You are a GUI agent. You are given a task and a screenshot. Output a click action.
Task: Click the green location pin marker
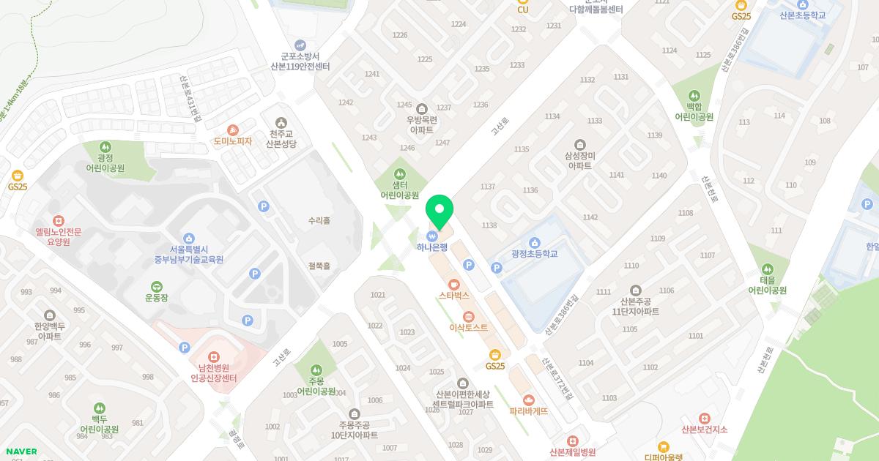pos(439,211)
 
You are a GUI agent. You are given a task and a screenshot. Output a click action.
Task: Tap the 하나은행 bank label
pos(432,247)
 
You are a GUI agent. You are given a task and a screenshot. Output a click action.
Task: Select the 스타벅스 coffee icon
pos(453,284)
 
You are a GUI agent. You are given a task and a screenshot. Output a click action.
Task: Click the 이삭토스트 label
pos(468,328)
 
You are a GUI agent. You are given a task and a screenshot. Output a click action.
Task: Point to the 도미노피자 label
pos(233,141)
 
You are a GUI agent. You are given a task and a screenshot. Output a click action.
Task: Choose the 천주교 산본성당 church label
pos(281,139)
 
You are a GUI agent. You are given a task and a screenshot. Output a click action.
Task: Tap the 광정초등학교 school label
pos(535,254)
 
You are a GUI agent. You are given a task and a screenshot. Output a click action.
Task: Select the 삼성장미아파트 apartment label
pos(579,161)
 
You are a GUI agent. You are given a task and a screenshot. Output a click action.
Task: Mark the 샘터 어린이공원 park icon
pos(399,174)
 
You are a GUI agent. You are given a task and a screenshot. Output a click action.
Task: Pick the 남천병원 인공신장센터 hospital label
pos(213,373)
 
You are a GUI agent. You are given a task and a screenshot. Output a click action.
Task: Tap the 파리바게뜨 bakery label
pos(528,411)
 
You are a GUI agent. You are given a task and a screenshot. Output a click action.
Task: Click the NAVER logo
pos(20,451)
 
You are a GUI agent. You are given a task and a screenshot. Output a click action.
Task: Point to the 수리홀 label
pos(319,220)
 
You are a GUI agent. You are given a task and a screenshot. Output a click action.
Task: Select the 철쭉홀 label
pos(319,266)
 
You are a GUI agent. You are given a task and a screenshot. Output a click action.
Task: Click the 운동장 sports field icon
pos(157,286)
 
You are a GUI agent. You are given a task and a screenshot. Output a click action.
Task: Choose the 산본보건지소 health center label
pos(704,430)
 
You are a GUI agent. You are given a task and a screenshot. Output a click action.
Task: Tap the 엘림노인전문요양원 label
pos(59,236)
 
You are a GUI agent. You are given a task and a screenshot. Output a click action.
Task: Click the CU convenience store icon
pos(523,3)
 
